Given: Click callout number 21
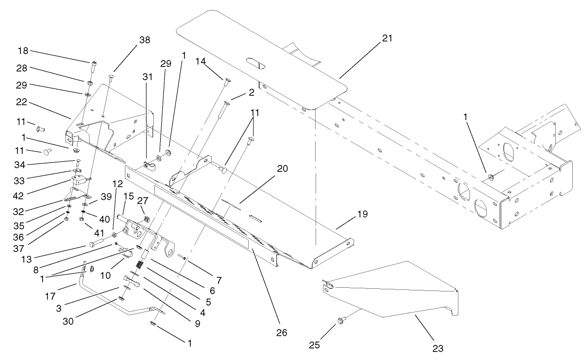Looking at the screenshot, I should [388, 38].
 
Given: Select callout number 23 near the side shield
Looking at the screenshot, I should [438, 348].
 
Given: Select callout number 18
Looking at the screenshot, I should [23, 52].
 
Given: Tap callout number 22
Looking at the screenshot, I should [23, 100].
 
